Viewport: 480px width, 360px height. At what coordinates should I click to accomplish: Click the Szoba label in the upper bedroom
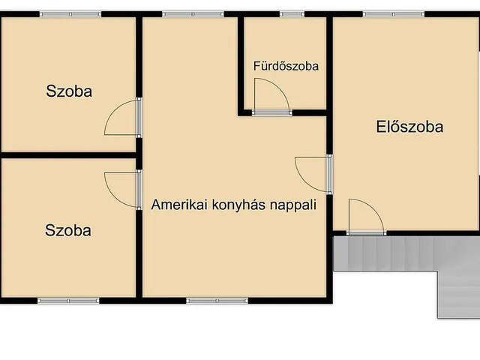(69, 92)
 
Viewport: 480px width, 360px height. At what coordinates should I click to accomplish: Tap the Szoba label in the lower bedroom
(68, 230)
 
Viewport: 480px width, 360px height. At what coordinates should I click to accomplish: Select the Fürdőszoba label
(285, 66)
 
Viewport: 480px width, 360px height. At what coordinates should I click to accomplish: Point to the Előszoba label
(409, 127)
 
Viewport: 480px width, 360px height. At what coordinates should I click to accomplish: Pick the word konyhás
(237, 204)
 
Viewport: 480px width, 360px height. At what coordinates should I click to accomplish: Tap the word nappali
(293, 204)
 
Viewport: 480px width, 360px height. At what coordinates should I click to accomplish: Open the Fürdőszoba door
(271, 97)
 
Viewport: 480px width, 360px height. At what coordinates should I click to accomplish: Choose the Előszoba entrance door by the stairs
(366, 217)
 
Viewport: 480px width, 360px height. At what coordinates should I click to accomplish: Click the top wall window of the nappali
(193, 13)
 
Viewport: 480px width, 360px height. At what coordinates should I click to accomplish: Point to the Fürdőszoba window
(292, 13)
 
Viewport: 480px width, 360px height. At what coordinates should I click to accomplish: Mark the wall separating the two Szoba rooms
(69, 155)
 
